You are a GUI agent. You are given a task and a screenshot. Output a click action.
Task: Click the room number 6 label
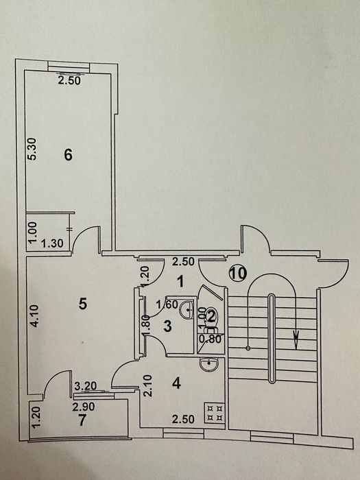point(69,155)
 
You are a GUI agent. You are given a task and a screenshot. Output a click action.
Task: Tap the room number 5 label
point(83,304)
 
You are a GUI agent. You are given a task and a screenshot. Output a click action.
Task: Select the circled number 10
point(238,273)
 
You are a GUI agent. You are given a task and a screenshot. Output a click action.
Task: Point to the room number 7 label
point(82,420)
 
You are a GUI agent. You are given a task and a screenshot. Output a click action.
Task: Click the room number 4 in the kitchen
point(176,383)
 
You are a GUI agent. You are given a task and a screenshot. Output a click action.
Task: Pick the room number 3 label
point(167,326)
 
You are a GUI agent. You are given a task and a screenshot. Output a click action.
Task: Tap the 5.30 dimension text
point(32,149)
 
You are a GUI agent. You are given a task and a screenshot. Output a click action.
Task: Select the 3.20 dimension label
point(86,385)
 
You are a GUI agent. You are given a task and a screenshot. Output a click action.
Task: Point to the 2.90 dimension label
point(84,407)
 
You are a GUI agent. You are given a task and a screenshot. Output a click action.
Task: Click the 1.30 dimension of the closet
point(52,243)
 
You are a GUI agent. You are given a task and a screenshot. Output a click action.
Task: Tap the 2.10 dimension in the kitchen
point(148,385)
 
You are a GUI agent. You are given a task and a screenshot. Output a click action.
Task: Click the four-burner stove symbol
point(215,413)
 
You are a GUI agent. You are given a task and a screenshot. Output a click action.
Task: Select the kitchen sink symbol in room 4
point(209,364)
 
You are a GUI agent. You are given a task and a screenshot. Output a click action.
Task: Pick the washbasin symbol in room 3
point(187,309)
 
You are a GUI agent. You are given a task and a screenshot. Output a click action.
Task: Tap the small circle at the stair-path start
point(248,348)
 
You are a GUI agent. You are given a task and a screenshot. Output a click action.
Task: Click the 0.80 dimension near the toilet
point(210,339)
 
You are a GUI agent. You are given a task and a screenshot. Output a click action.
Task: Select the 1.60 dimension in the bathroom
point(167,304)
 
